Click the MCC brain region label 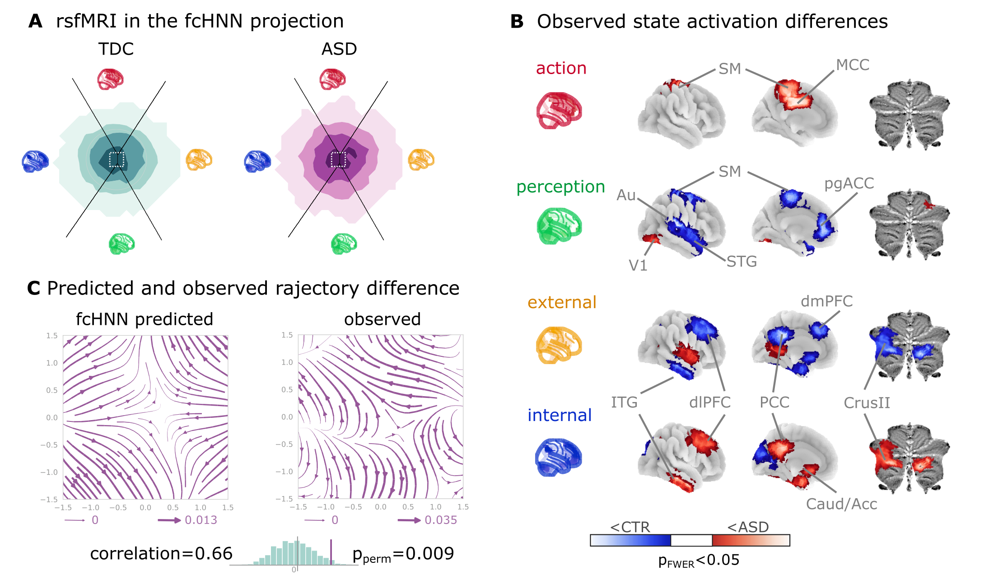click(x=852, y=65)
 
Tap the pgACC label click(x=849, y=183)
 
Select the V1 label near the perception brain click(x=638, y=266)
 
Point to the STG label click(x=742, y=262)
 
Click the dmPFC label click(x=826, y=301)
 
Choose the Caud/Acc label click(x=841, y=504)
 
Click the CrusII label click(x=867, y=403)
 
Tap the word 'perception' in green click(x=560, y=187)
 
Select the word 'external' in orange click(x=562, y=302)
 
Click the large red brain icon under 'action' click(x=559, y=111)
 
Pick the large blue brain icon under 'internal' click(x=559, y=457)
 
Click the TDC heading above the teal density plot click(x=116, y=49)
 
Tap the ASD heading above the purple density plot click(x=339, y=49)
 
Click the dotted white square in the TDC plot click(x=117, y=159)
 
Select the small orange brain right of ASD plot click(x=421, y=159)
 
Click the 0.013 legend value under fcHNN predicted click(x=201, y=520)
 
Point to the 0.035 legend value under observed click(x=440, y=520)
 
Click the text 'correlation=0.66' click(x=161, y=554)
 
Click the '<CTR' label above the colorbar click(x=630, y=527)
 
